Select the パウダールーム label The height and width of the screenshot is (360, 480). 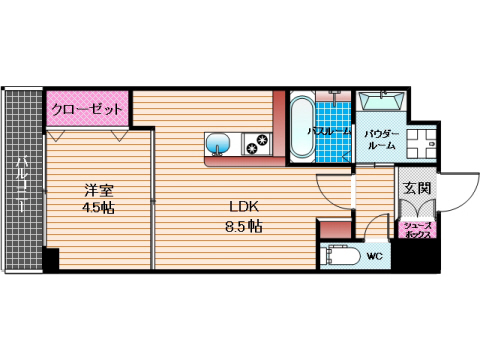tap(381, 139)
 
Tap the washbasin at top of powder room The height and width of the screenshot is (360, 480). tap(380, 102)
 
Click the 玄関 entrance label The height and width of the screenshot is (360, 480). tap(417, 187)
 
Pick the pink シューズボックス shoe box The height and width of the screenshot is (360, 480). tap(417, 230)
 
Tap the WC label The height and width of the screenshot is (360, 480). tap(373, 256)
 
